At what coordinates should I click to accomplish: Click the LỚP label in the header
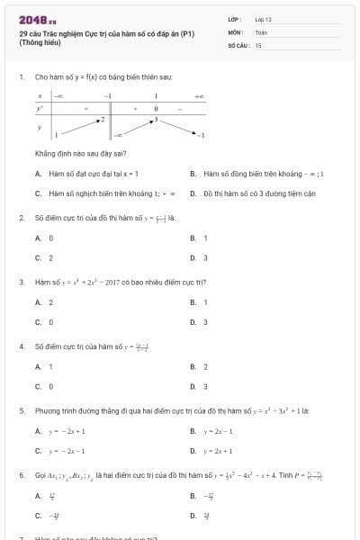click(235, 18)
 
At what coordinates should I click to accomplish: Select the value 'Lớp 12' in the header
click(263, 18)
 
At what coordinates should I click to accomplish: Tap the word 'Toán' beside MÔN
click(261, 31)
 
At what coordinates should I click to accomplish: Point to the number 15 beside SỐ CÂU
click(258, 44)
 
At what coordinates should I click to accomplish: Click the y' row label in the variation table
click(40, 108)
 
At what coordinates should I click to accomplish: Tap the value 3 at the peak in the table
click(156, 119)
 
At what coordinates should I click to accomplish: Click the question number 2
click(21, 218)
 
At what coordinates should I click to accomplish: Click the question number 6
click(21, 474)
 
